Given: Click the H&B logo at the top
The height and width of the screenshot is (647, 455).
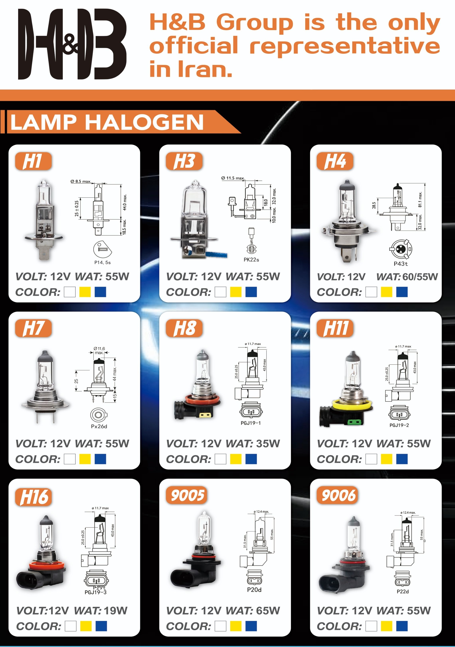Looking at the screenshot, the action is click(x=72, y=44).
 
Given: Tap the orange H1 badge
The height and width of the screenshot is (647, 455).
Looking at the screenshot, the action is click(x=33, y=161).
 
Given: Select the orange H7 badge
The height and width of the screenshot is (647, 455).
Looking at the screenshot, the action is click(x=33, y=328).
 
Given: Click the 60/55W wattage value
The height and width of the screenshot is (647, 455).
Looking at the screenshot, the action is click(x=420, y=277).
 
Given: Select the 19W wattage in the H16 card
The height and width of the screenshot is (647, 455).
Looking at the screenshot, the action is click(x=116, y=611).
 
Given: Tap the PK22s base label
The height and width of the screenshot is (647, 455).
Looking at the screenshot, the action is click(x=251, y=260).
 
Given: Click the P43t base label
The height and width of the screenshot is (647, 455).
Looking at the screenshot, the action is click(x=401, y=264).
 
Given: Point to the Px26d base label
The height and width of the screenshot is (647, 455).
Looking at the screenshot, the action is click(x=99, y=426).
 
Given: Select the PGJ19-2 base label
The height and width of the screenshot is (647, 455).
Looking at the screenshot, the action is click(x=399, y=425).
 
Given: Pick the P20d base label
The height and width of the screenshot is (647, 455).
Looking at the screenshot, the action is click(x=254, y=590).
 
